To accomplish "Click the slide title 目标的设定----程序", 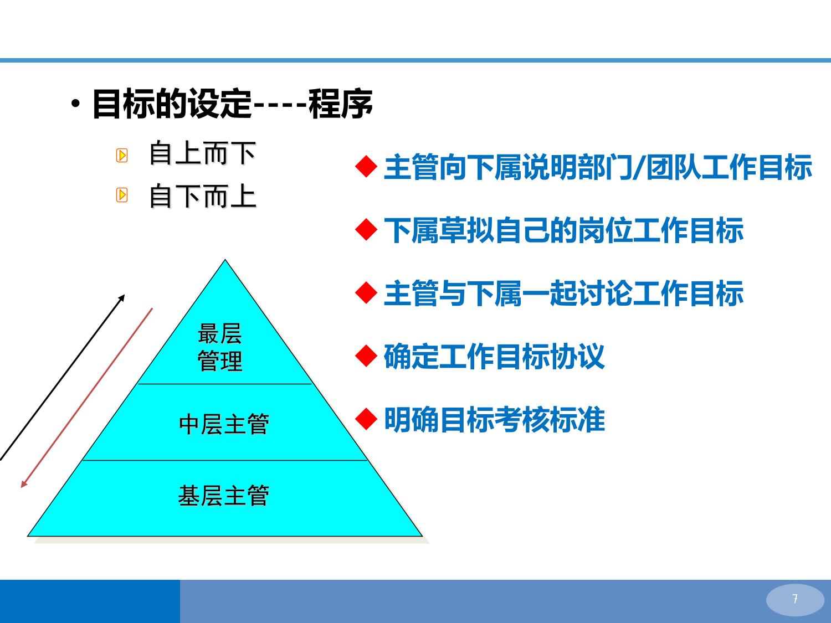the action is click(x=233, y=104).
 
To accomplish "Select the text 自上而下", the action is click(x=203, y=153).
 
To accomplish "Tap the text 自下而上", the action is click(x=203, y=196).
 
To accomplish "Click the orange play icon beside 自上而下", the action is click(x=122, y=155).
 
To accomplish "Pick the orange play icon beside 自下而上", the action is click(x=122, y=195).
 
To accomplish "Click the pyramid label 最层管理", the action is click(x=220, y=347).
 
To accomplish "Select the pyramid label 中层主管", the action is click(x=224, y=424).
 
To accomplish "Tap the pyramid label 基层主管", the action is click(x=224, y=496).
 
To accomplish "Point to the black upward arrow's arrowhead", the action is click(x=122, y=298).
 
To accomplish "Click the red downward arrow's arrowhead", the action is click(x=23, y=484).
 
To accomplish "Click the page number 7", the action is click(x=795, y=599).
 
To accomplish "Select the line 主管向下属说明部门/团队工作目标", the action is click(x=598, y=167).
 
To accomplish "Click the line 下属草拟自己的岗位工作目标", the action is click(x=564, y=230).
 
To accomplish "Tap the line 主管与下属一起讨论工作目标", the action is click(x=564, y=293).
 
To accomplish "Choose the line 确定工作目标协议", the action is click(x=494, y=356).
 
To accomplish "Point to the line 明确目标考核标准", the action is click(x=494, y=420).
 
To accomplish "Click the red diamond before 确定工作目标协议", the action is click(x=366, y=356).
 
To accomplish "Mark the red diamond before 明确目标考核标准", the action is click(x=366, y=419).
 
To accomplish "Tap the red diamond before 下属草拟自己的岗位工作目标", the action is click(x=366, y=230).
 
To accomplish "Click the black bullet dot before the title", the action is click(x=76, y=103).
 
